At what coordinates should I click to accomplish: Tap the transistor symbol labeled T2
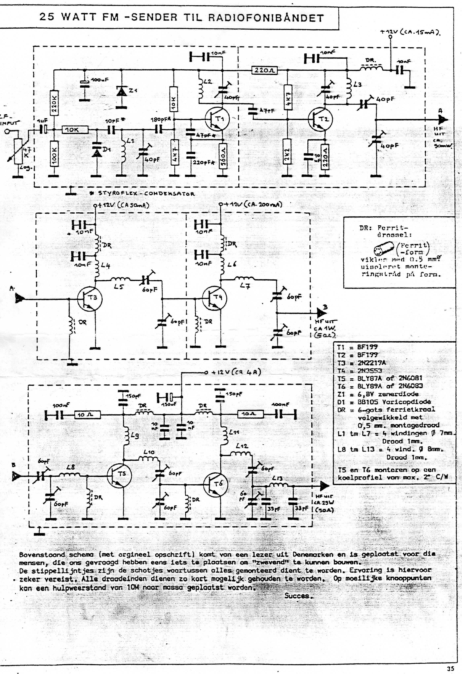coord(320,119)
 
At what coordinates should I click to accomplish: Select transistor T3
coord(90,299)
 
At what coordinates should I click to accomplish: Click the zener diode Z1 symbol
coord(121,91)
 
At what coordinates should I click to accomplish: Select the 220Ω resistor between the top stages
coord(265,70)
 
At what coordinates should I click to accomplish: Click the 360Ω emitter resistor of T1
coord(223,156)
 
